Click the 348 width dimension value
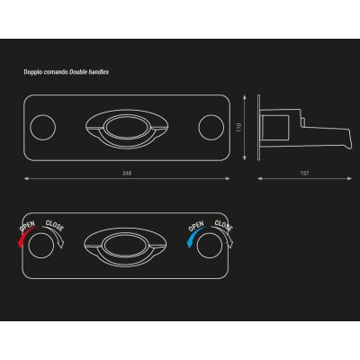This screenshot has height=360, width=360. coord(127,173)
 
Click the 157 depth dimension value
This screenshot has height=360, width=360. coord(304,173)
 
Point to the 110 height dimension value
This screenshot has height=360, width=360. coord(239,128)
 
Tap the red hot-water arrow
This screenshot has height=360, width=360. coord(25,237)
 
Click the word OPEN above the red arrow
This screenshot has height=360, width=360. coord(27,226)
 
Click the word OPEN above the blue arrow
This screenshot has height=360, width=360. coord(196,226)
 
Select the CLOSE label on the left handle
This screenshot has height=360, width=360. coord(55,226)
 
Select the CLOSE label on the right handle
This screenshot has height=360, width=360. coord(224,226)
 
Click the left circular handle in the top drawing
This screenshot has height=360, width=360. coord(43,127)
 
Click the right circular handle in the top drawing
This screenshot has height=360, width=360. coord(211,127)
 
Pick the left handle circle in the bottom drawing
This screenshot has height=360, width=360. coord(41,245)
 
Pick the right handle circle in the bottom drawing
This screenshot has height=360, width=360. coord(210,245)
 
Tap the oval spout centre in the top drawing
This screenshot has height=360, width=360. coord(127,127)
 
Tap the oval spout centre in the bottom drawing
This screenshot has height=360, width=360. coord(125,245)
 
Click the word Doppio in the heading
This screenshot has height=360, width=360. coord(31,72)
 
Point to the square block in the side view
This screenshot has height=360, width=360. coord(275,128)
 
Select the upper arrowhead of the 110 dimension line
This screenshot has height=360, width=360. coord(245,97)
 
